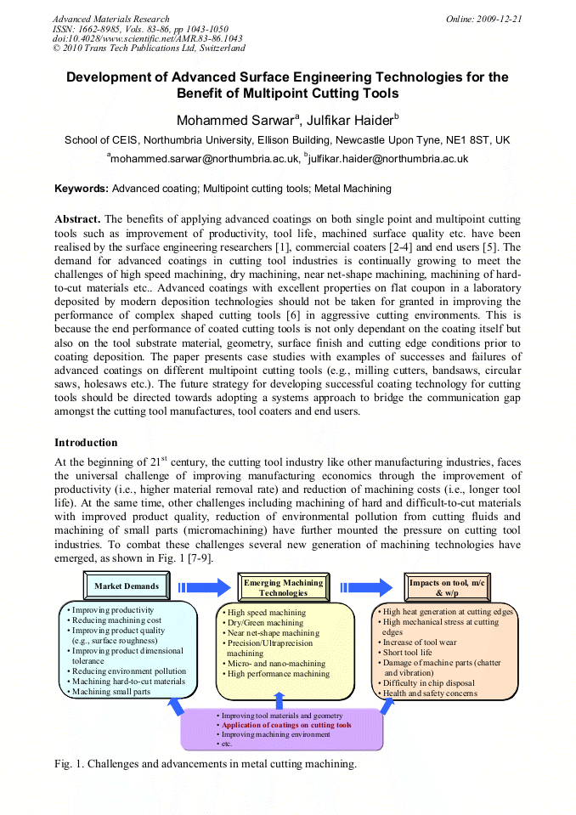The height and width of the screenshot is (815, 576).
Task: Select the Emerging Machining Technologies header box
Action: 283,587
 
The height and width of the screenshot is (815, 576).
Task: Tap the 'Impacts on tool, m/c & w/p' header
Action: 449,587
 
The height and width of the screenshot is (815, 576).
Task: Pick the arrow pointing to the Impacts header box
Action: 365,586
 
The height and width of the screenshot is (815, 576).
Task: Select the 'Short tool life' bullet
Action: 407,653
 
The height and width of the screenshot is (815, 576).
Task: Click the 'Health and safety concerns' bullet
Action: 429,693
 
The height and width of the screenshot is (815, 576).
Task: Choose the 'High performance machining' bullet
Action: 278,674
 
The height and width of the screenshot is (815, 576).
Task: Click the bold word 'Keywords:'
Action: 82,188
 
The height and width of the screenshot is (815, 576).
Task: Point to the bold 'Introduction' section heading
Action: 86,443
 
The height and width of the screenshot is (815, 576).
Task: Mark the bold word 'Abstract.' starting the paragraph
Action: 77,218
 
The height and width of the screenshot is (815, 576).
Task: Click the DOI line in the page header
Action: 147,38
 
